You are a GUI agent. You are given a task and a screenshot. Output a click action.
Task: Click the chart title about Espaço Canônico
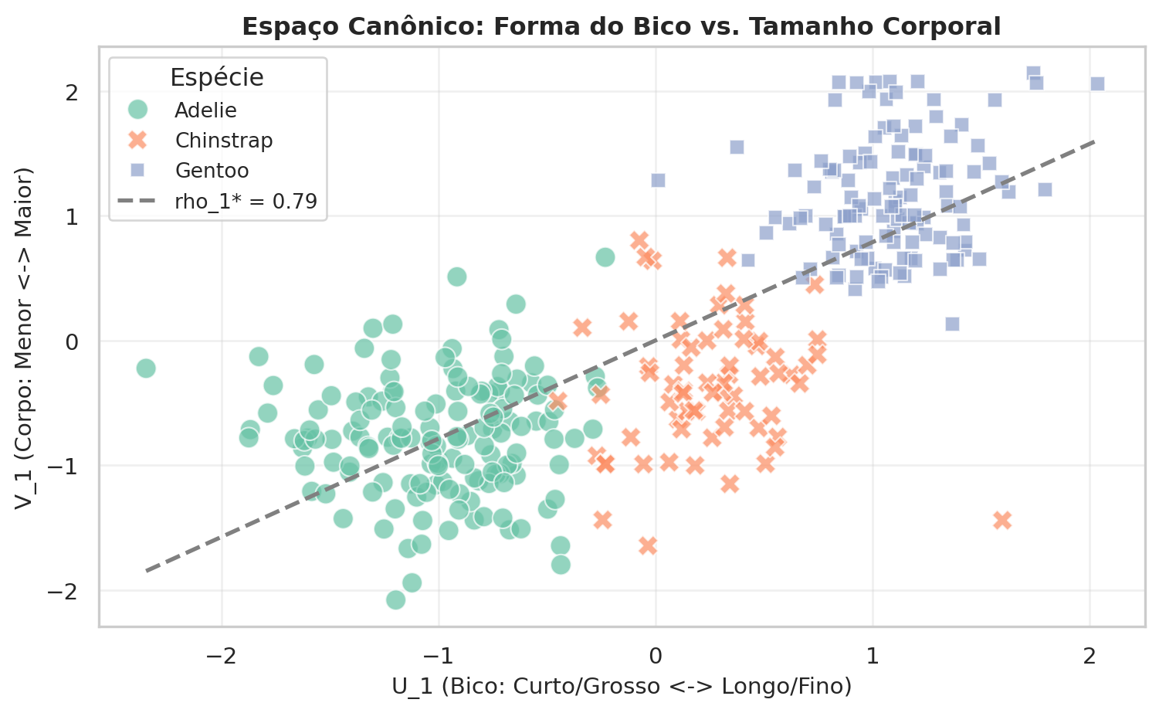(622, 27)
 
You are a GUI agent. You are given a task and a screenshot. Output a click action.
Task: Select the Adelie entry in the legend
(205, 110)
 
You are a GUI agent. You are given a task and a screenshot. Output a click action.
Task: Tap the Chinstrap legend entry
(223, 141)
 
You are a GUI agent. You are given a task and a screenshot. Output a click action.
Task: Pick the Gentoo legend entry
(212, 171)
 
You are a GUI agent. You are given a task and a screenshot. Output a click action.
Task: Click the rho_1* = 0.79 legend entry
(246, 202)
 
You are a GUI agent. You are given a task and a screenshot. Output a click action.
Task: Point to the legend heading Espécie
(217, 77)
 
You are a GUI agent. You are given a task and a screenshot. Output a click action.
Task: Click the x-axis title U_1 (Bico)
(622, 686)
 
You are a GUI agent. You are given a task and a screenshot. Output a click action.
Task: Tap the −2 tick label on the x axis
(222, 657)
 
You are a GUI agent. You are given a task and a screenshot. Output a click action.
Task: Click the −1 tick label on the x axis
(439, 657)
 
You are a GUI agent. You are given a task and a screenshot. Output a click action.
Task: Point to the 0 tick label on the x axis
(656, 657)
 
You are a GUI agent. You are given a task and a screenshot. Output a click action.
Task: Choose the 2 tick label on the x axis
(1090, 657)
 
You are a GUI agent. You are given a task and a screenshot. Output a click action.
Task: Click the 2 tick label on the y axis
(72, 93)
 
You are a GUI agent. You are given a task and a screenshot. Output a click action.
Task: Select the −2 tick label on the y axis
(66, 591)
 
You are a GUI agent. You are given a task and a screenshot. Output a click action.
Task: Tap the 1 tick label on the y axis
(72, 217)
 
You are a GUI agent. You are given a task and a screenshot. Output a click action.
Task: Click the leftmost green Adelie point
(145, 368)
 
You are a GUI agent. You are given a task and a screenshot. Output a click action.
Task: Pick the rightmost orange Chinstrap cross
(1002, 520)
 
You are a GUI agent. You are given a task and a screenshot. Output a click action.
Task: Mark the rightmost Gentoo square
(1097, 83)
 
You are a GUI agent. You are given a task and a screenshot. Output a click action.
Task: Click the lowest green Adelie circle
(395, 600)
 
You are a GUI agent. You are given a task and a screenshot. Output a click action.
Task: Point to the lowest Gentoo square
(952, 324)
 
